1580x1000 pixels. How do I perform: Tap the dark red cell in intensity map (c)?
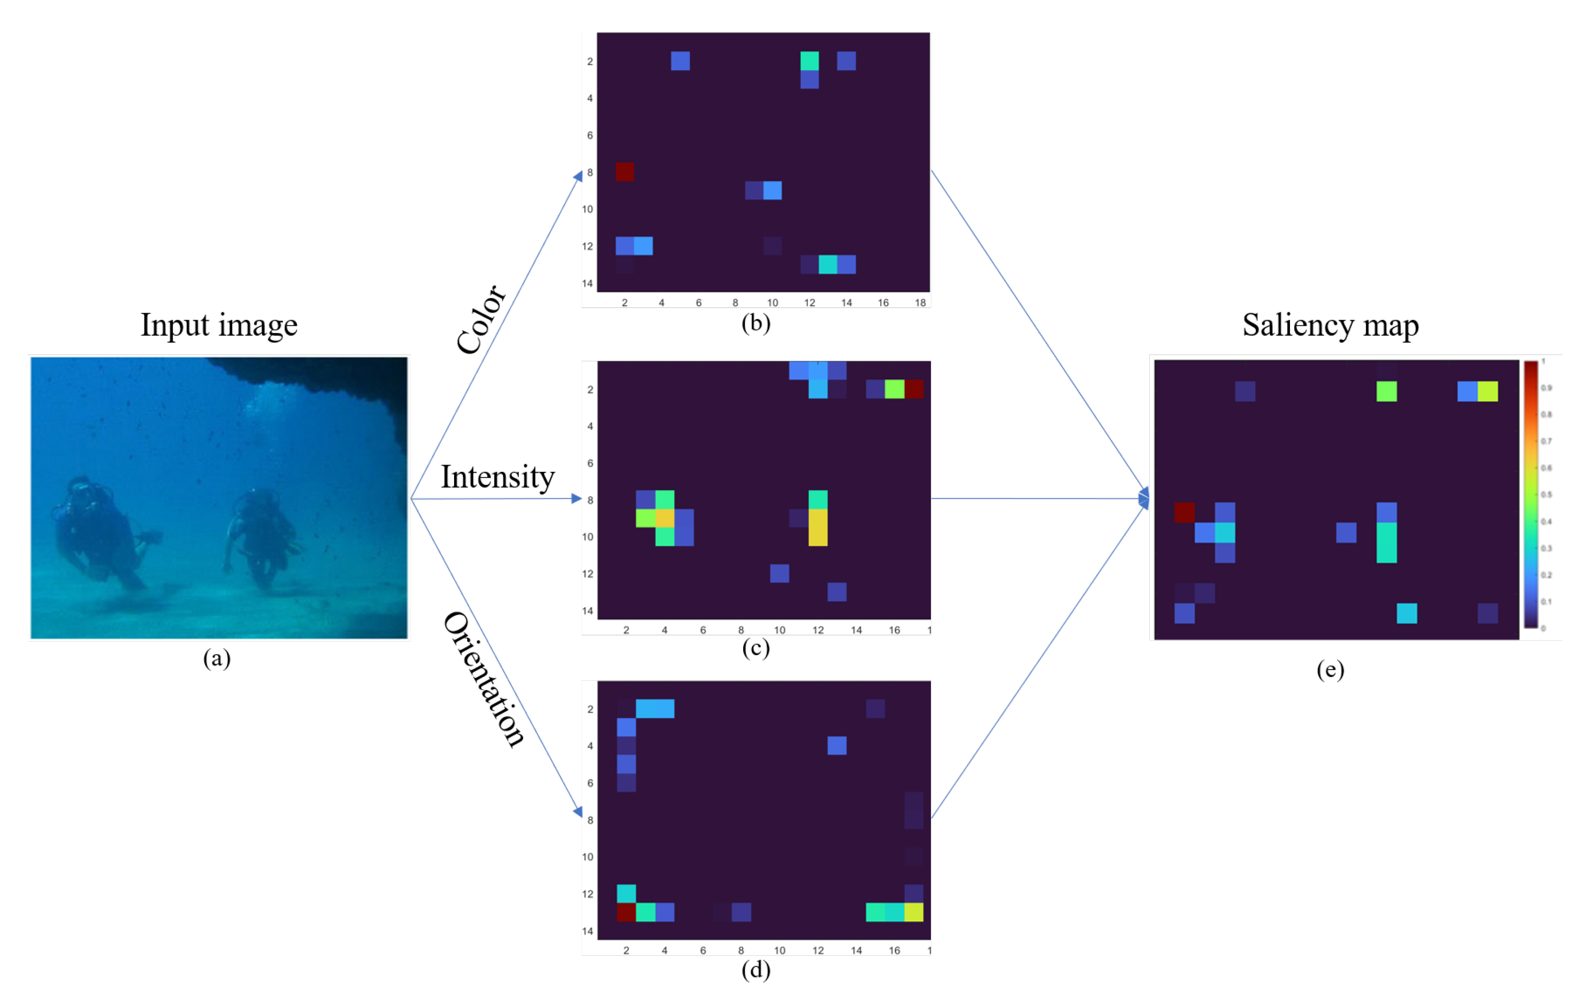913,389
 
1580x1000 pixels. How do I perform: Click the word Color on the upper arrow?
481,320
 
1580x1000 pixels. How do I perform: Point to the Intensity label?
497,477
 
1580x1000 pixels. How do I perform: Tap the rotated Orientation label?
484,679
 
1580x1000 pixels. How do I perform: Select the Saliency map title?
1330,325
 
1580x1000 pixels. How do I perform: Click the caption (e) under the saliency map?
1330,669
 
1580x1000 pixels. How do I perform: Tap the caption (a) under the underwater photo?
216,658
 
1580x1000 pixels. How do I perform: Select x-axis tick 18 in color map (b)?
920,303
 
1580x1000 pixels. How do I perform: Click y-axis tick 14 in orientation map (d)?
587,931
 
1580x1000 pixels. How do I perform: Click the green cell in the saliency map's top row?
1386,392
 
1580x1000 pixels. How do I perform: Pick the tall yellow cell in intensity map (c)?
817,527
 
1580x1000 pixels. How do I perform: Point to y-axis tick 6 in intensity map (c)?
590,463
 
